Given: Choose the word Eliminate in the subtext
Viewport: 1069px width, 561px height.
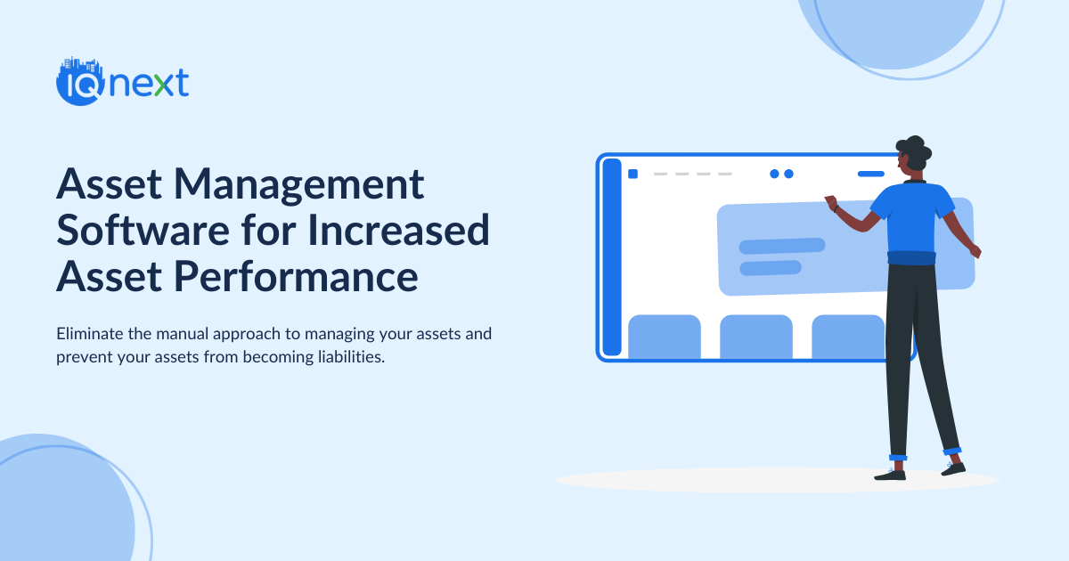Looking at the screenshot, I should point(89,335).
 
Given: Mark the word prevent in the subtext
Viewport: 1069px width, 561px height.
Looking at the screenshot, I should point(82,358).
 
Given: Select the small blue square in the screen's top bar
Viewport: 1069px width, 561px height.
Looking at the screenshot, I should point(632,174).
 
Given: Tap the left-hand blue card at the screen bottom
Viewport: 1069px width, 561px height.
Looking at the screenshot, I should point(664,336).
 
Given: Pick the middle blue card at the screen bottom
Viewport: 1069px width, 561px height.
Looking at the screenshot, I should point(755,336).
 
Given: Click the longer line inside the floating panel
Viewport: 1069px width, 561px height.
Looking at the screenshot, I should point(781,246).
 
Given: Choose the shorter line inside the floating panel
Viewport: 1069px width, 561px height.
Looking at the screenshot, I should point(770,267).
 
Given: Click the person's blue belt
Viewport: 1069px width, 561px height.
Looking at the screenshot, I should point(911,257).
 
